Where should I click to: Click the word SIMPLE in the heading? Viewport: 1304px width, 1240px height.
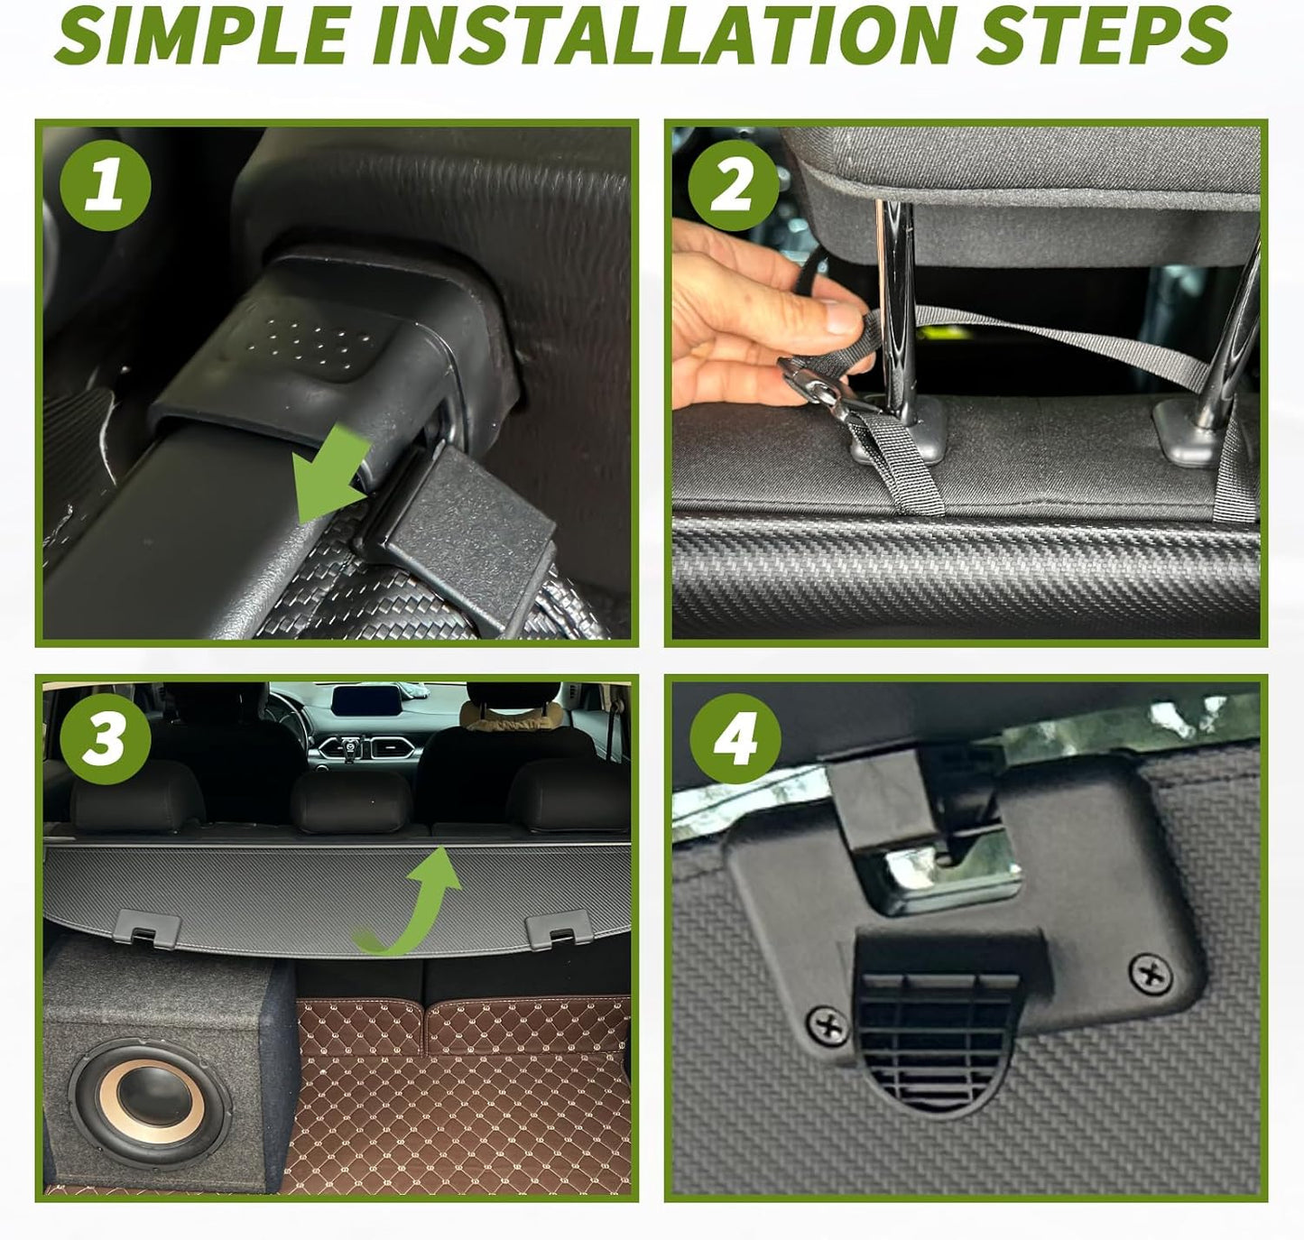point(202,36)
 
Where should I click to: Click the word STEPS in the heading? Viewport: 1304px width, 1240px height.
point(1103,36)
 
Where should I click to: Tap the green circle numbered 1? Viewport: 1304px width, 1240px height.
point(106,186)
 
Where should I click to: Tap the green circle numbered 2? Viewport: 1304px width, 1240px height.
point(734,186)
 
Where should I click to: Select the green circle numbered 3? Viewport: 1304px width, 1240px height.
point(106,738)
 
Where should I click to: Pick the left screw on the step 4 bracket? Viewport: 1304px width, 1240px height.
point(828,1026)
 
